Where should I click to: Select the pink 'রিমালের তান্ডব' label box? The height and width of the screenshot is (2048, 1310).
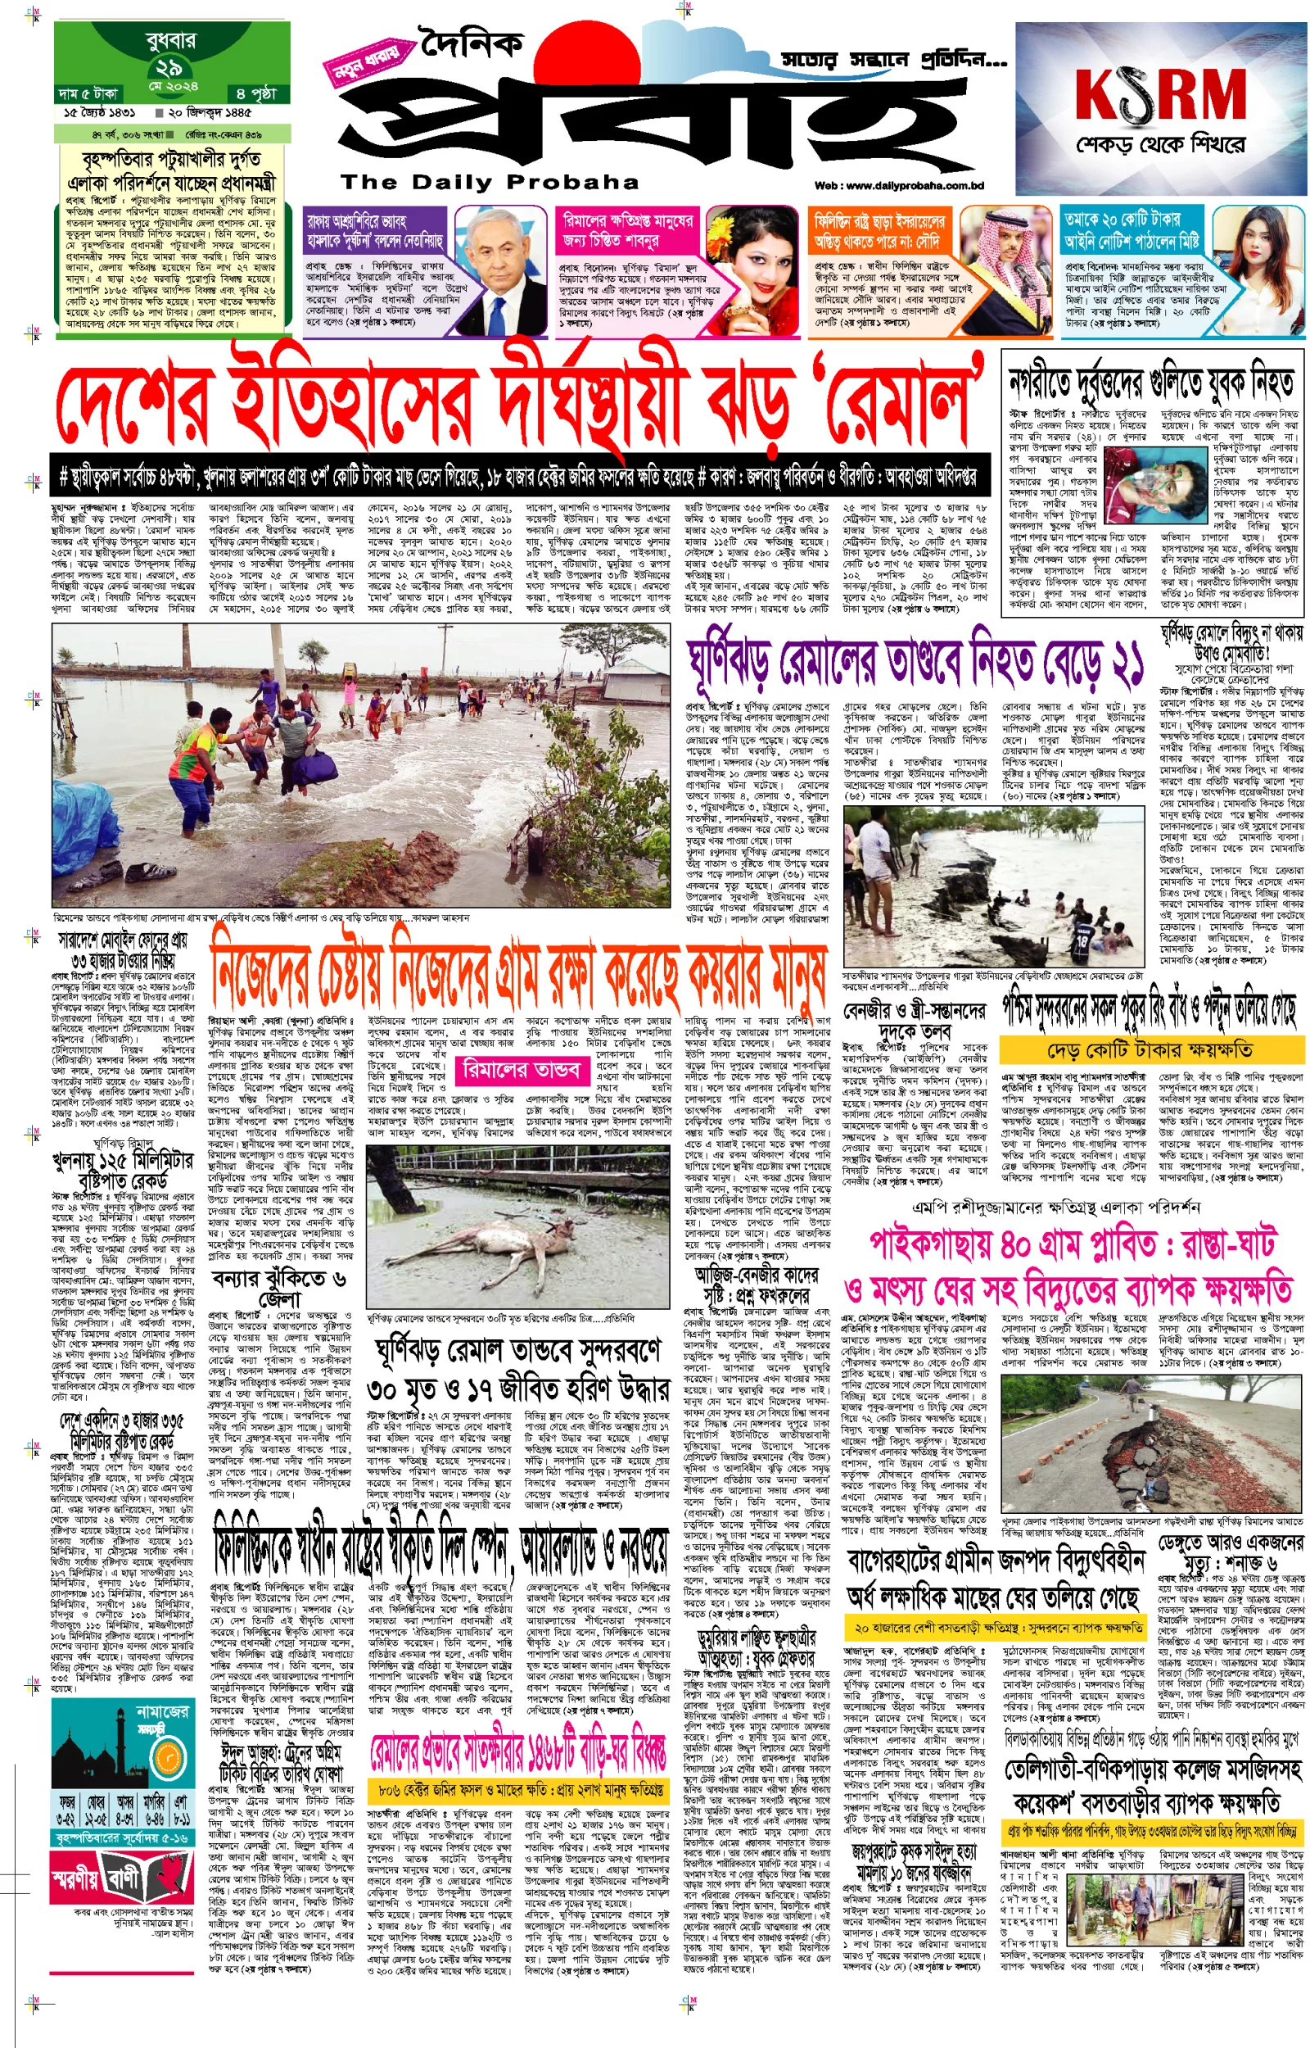tap(521, 1070)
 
